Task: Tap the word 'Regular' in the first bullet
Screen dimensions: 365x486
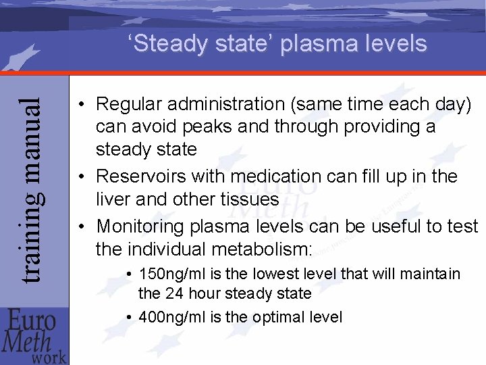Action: (x=130, y=104)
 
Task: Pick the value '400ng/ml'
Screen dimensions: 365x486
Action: (x=170, y=316)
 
